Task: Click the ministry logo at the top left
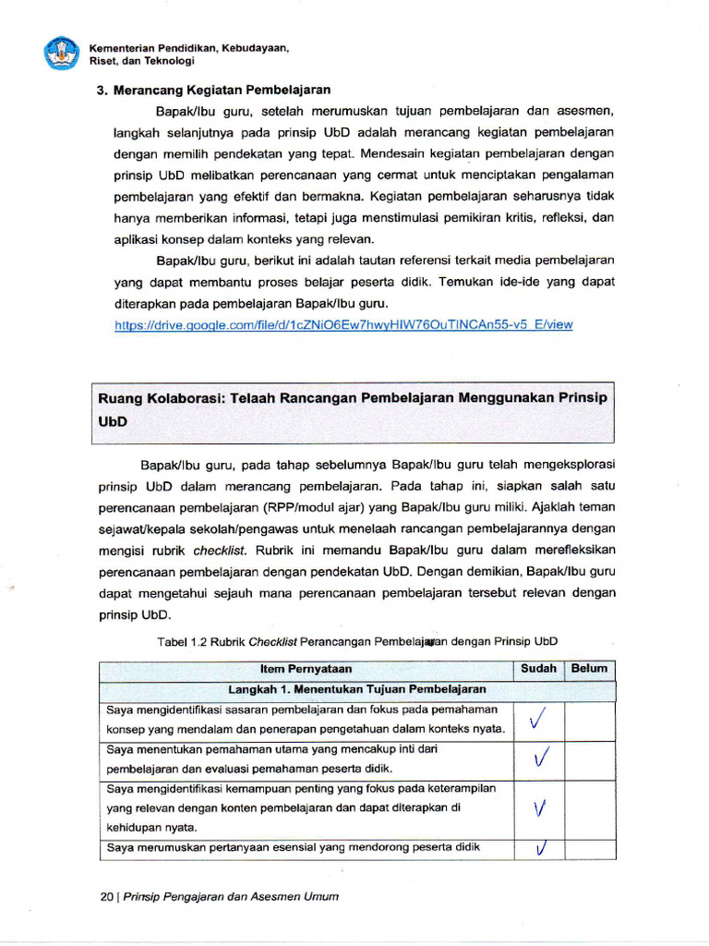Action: pos(63,53)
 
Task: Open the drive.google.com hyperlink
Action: pos(343,325)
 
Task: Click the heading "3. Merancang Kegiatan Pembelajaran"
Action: pos(213,90)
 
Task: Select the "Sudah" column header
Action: pos(538,669)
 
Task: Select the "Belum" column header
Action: pos(589,669)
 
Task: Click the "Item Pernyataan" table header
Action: pos(306,669)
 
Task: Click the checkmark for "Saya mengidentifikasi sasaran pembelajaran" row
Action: pos(539,720)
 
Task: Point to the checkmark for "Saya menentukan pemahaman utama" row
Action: pos(541,758)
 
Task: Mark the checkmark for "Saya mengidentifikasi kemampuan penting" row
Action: pos(540,809)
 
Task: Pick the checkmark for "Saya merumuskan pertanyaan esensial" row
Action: pos(541,848)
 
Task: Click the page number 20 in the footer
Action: pos(106,896)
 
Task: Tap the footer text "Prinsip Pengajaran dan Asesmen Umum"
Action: pos(231,896)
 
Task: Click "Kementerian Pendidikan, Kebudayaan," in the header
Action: pos(189,47)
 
